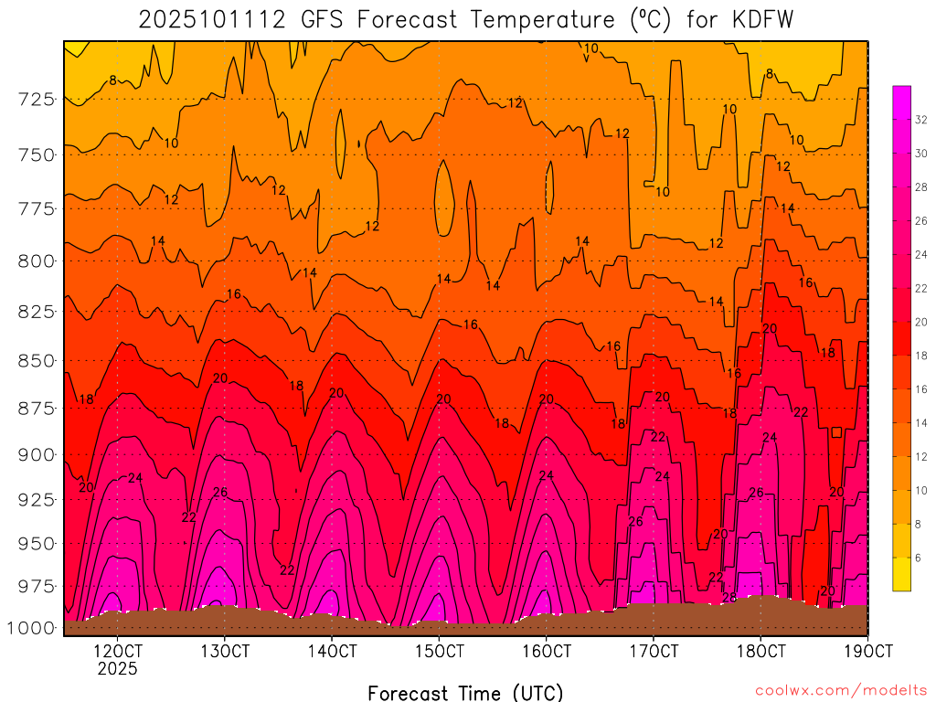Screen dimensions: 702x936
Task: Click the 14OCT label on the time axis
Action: tap(332, 651)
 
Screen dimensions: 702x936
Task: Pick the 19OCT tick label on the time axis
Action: tap(867, 651)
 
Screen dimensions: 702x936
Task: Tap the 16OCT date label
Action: tap(546, 651)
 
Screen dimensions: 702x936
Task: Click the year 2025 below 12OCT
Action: tap(118, 669)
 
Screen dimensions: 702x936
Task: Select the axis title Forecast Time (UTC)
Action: tap(465, 692)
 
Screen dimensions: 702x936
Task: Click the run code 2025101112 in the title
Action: tap(197, 20)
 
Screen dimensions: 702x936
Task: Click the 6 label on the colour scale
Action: tap(918, 557)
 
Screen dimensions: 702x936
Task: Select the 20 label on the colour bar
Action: tap(921, 322)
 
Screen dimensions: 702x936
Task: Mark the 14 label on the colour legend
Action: tap(921, 422)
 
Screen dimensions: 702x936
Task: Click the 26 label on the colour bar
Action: tap(921, 221)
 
